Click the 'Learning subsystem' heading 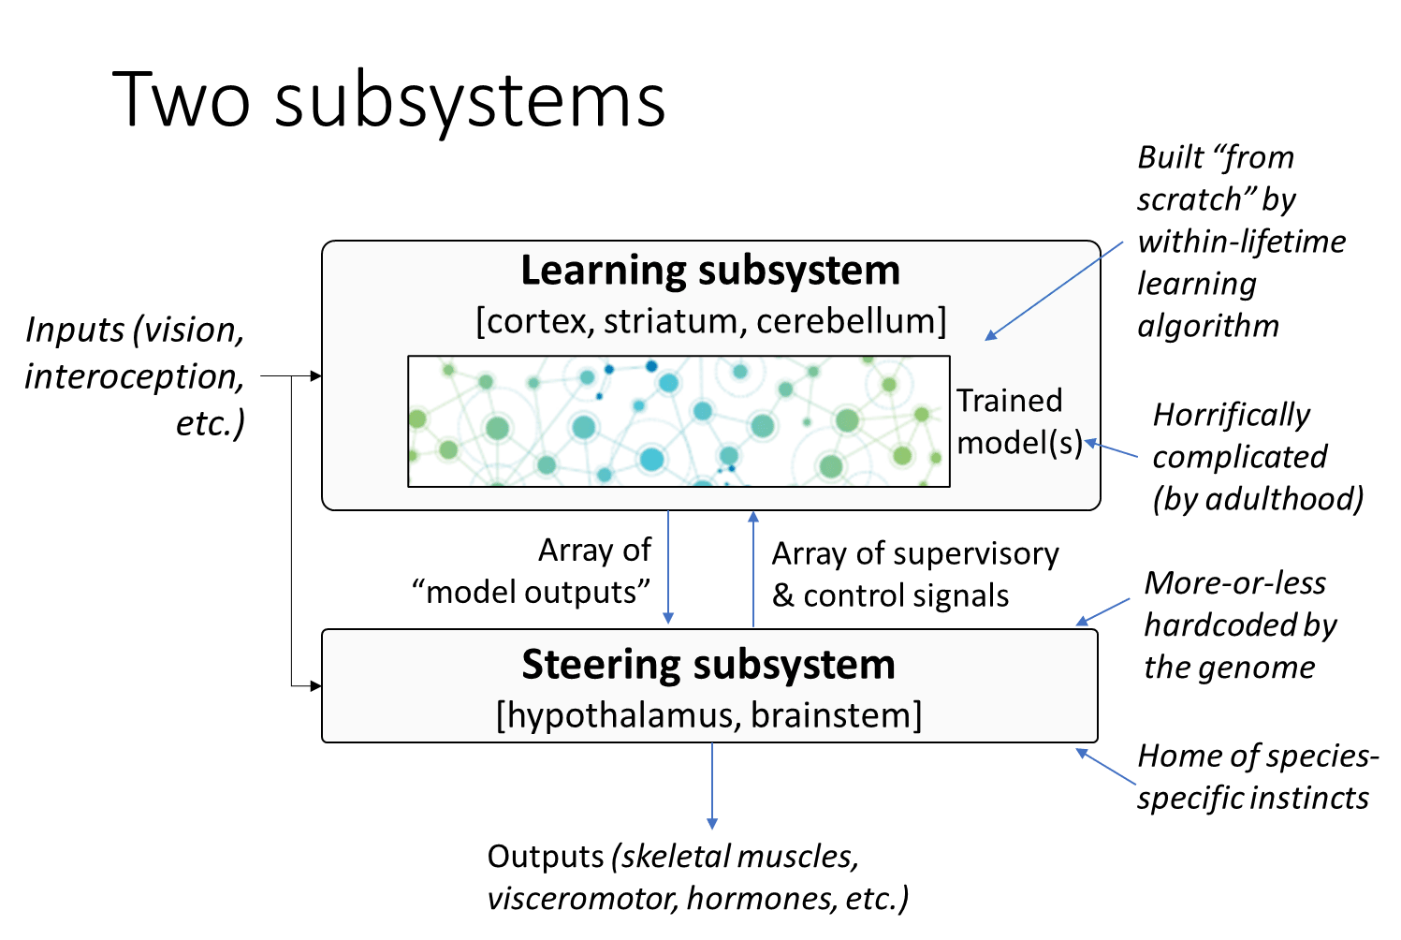(x=710, y=271)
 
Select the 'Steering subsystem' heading (x=708, y=665)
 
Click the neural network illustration (x=679, y=421)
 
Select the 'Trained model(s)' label (x=1018, y=421)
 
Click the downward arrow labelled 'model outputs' (x=668, y=567)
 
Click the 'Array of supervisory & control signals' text (x=913, y=574)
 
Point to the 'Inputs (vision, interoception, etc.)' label (x=135, y=376)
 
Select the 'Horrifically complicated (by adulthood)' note (x=1257, y=457)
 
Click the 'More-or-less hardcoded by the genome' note (x=1239, y=625)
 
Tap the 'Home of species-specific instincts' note (x=1257, y=777)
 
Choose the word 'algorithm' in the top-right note (x=1207, y=326)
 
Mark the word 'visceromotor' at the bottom (x=581, y=899)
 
